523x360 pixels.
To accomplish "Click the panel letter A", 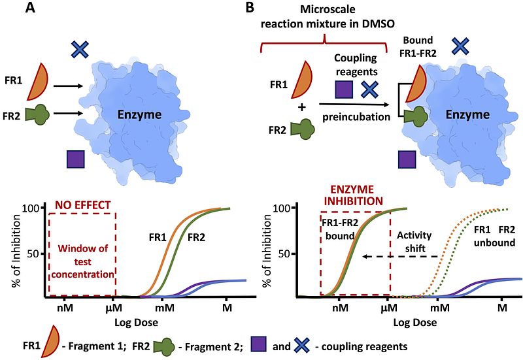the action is (x=30, y=7).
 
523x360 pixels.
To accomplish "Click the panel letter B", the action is (x=250, y=7).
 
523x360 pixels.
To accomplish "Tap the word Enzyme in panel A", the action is (x=139, y=115).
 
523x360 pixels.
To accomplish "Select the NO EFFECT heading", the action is (x=83, y=205).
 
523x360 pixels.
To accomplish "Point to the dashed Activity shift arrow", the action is (x=399, y=256).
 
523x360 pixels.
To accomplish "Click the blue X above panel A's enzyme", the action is (x=80, y=50).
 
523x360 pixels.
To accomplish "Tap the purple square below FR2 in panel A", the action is (x=76, y=159).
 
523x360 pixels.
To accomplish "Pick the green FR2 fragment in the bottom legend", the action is (x=163, y=346).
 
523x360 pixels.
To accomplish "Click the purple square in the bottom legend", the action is (x=258, y=344).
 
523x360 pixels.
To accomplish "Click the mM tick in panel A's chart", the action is (x=165, y=307).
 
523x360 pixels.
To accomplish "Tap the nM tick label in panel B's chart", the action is (x=340, y=307).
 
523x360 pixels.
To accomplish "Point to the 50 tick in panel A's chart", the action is (x=33, y=254).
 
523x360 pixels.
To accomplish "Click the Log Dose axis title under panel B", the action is (x=415, y=322).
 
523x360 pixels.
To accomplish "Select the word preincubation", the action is (x=356, y=118).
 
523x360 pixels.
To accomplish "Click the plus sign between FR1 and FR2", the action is (x=302, y=107).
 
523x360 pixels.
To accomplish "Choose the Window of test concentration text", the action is (x=83, y=261).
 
